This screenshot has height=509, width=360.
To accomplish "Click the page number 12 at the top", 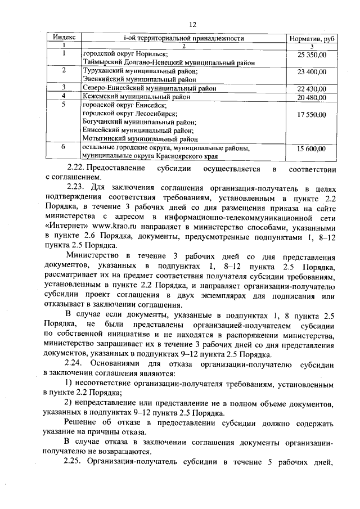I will [x=191, y=24].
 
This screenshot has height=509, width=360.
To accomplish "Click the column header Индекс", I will [x=64, y=38].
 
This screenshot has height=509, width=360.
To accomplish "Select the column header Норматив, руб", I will [x=312, y=39].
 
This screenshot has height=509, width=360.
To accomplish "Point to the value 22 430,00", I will [x=312, y=89].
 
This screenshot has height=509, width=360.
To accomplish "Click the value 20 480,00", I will [x=312, y=97].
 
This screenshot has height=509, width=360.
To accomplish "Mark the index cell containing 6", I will [x=64, y=146].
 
